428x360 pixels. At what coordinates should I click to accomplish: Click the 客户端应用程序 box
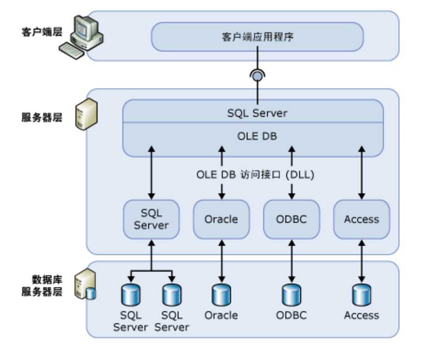click(x=257, y=37)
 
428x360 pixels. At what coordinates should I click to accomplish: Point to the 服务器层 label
click(x=41, y=117)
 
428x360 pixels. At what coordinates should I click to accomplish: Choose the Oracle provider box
click(x=221, y=219)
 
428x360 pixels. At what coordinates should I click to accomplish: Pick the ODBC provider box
click(x=291, y=219)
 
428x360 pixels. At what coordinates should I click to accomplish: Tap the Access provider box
click(x=362, y=219)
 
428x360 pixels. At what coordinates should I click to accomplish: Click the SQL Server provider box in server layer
click(x=151, y=219)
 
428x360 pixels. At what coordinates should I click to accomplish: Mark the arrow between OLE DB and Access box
click(x=362, y=173)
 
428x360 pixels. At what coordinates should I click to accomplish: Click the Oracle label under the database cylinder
click(x=221, y=315)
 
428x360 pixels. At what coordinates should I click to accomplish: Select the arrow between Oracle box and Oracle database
click(x=221, y=261)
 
